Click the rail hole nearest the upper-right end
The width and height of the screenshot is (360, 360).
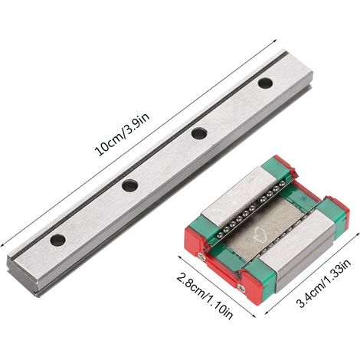pyautogui.click(x=265, y=83)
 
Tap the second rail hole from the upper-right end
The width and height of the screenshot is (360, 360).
pyautogui.click(x=199, y=133)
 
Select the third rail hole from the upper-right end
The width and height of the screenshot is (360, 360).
pyautogui.click(x=129, y=185)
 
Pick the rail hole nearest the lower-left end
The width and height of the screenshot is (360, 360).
pyautogui.click(x=57, y=240)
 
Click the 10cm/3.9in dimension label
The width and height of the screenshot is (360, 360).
pyautogui.click(x=122, y=135)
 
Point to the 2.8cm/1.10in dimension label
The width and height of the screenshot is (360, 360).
pyautogui.click(x=205, y=296)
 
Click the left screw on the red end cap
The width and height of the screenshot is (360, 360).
pyautogui.click(x=202, y=257)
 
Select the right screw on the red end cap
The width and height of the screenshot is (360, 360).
pyautogui.click(x=241, y=287)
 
